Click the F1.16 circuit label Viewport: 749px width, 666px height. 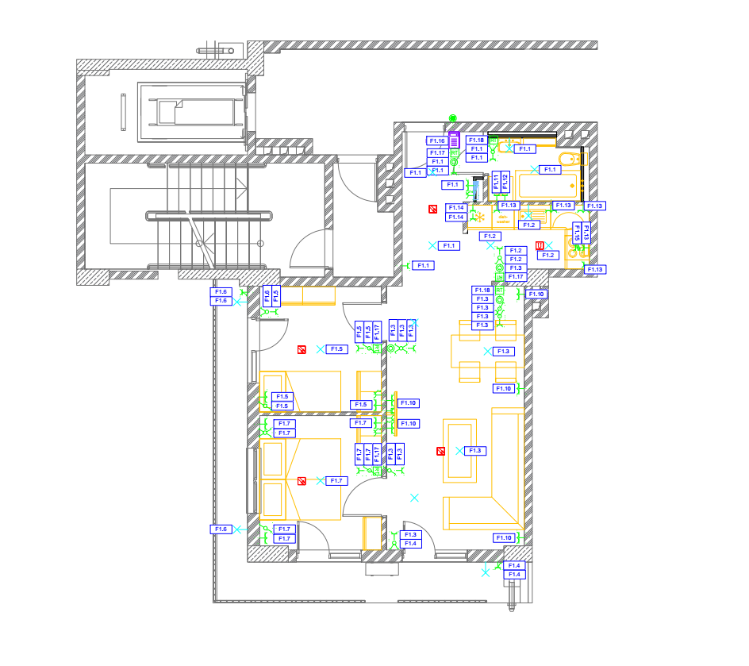tap(437, 141)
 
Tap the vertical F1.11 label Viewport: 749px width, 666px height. tap(496, 182)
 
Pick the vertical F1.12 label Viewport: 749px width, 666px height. tap(505, 182)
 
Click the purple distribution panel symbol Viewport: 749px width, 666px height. tap(455, 141)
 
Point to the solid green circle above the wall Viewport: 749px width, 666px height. tap(453, 118)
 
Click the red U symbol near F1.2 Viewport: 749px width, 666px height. tap(540, 245)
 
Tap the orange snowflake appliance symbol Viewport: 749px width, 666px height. tap(480, 217)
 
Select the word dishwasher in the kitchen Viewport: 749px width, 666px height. tap(502, 217)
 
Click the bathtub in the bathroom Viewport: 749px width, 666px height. tap(547, 186)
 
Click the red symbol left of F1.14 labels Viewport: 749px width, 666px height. tap(432, 210)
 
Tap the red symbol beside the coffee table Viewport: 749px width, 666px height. tap(440, 451)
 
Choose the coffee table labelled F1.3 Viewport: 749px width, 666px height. tap(459, 451)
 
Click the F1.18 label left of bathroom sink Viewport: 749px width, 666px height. tap(476, 141)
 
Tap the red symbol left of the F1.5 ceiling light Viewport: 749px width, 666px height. tap(302, 349)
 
